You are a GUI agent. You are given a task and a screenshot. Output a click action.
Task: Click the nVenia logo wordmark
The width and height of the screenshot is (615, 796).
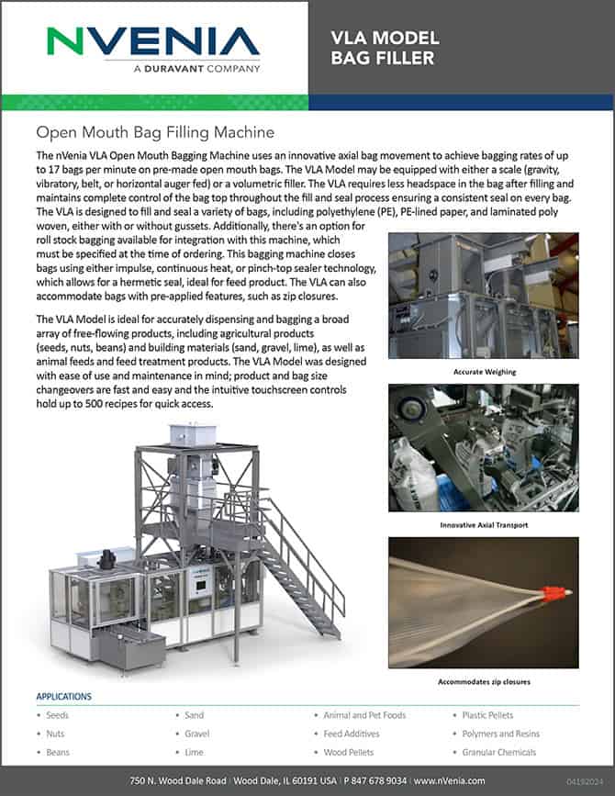(x=153, y=41)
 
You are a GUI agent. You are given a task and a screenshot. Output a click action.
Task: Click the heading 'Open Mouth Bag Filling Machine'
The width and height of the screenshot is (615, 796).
(x=154, y=132)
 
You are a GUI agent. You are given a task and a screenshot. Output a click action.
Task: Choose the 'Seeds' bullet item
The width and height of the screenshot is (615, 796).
(x=57, y=715)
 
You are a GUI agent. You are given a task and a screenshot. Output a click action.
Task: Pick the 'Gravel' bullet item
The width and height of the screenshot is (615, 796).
(x=197, y=734)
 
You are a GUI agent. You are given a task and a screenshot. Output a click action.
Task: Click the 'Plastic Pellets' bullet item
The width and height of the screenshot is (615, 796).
(x=488, y=715)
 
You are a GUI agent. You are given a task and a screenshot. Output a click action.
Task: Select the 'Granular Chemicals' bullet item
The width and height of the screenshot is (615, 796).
(x=499, y=752)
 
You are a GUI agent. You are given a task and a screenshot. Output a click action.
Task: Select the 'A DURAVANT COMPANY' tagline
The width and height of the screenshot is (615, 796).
(x=196, y=68)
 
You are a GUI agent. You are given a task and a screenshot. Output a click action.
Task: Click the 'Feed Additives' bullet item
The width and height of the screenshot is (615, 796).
(x=353, y=734)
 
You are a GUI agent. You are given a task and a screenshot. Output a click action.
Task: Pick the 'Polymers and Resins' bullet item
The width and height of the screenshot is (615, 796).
(x=501, y=734)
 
